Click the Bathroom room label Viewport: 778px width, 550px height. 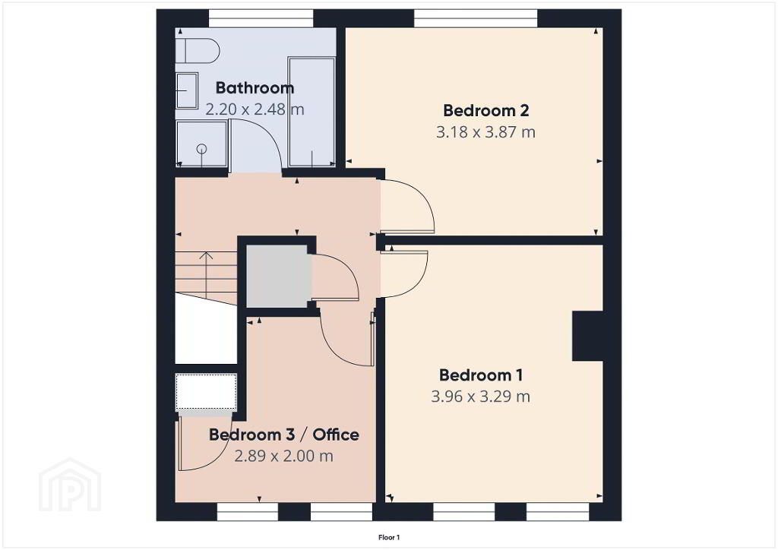click(x=255, y=88)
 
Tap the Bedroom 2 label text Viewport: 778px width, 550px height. click(x=485, y=110)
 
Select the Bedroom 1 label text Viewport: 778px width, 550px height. click(x=481, y=375)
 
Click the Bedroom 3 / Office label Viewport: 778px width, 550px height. click(x=284, y=435)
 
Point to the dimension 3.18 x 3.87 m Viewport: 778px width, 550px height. click(x=485, y=132)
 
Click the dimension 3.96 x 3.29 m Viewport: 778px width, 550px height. click(x=480, y=397)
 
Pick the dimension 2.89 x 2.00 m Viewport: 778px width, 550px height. click(x=283, y=456)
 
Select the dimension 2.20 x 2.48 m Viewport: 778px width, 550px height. click(x=255, y=109)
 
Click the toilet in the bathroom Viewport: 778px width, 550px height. click(x=198, y=50)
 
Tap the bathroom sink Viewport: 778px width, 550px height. click(x=187, y=90)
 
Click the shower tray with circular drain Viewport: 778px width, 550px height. click(x=202, y=144)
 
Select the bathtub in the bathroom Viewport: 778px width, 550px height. click(x=312, y=112)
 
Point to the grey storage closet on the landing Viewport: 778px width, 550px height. click(x=278, y=276)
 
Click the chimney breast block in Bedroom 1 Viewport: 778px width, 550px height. click(x=588, y=336)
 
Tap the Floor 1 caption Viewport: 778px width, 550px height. click(x=389, y=537)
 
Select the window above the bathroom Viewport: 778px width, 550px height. click(x=261, y=18)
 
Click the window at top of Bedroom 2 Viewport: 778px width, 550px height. click(x=476, y=18)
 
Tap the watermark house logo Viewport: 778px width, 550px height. click(x=70, y=485)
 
